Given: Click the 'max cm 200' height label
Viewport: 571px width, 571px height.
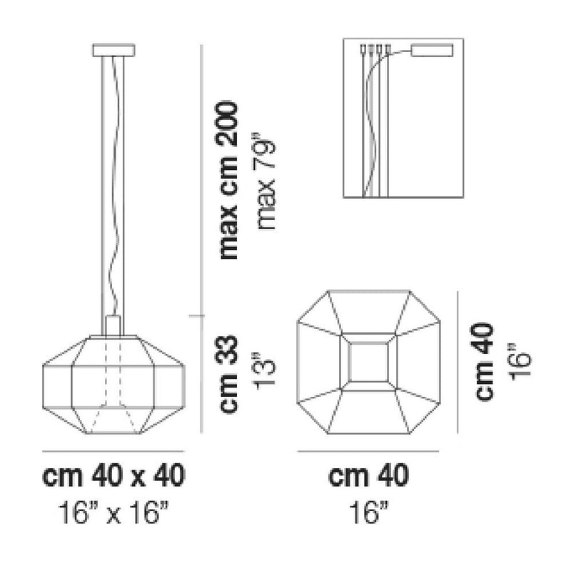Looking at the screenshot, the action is [228, 181].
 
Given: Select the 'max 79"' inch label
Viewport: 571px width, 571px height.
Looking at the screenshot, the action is [266, 184].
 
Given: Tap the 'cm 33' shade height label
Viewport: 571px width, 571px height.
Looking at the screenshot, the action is [228, 375].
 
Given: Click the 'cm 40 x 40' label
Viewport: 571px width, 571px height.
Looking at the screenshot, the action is [114, 475].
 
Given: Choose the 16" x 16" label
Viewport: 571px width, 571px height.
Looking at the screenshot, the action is [114, 512].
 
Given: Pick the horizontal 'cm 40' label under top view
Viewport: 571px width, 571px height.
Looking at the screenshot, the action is [368, 475].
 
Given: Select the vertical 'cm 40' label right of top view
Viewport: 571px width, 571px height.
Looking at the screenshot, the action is [485, 361].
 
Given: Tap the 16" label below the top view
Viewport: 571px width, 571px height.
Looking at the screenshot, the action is [368, 512].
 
